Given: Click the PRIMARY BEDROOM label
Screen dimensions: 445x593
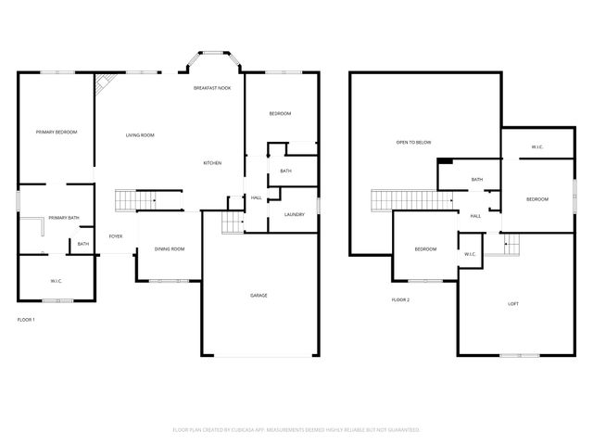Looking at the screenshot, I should [57, 133].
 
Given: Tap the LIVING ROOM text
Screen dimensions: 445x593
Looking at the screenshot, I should [140, 135].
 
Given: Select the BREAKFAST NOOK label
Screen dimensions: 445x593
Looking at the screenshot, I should [212, 87].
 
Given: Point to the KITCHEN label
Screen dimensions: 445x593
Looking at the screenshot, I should [212, 163].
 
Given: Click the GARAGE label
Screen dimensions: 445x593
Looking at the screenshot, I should [259, 295].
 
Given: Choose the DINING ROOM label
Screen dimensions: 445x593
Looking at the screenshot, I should [170, 248].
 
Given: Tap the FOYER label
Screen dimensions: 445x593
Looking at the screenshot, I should [116, 236].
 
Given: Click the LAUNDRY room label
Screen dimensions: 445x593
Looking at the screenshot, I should [295, 214].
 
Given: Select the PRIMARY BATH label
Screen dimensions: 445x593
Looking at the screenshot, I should [64, 218].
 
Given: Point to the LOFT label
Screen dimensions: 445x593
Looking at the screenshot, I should [513, 304].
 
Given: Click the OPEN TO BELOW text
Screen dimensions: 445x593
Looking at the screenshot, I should [414, 142].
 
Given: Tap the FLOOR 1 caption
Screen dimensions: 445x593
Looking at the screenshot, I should [26, 319].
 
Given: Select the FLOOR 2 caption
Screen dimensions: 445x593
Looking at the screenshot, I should [400, 299].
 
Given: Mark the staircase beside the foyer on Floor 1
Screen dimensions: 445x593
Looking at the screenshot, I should [134, 200].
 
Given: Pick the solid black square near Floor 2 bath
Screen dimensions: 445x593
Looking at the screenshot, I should [446, 161].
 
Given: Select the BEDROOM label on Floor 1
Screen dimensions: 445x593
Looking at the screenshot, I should [280, 113].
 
